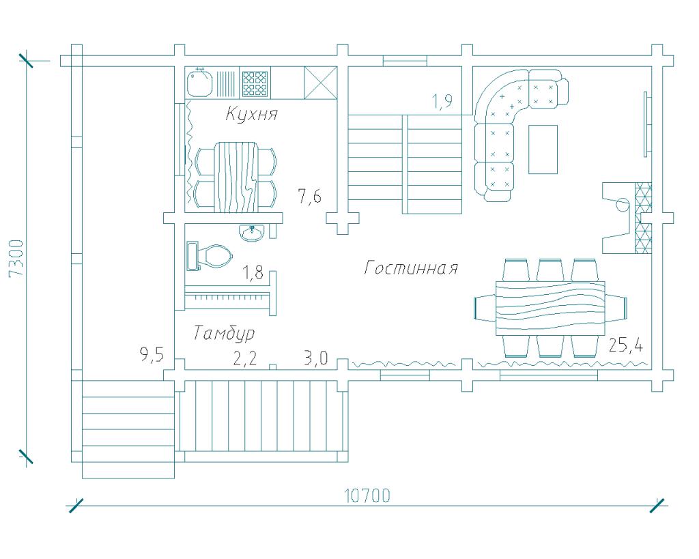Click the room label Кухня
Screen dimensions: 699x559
[x=252, y=114]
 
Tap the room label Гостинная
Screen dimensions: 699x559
[x=411, y=268]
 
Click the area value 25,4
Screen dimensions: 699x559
[x=626, y=345]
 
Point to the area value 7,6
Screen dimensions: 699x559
[x=309, y=196]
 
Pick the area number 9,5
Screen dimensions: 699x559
[x=152, y=355]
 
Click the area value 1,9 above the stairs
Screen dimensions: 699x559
[x=442, y=102]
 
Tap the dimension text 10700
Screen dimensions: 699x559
[x=367, y=496]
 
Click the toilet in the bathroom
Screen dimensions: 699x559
[x=210, y=256]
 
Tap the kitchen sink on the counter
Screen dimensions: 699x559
[x=200, y=82]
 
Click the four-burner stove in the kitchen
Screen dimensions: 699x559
[x=255, y=83]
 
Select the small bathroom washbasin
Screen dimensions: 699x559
[x=252, y=232]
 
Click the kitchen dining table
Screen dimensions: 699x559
[x=236, y=177]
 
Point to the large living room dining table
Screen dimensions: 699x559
[x=551, y=308]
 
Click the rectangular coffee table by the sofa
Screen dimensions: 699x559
[x=543, y=149]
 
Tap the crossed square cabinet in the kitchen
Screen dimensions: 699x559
[x=321, y=83]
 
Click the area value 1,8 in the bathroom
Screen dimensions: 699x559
[x=253, y=272]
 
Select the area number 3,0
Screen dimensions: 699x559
[x=316, y=358]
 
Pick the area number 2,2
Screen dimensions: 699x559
[x=245, y=358]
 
